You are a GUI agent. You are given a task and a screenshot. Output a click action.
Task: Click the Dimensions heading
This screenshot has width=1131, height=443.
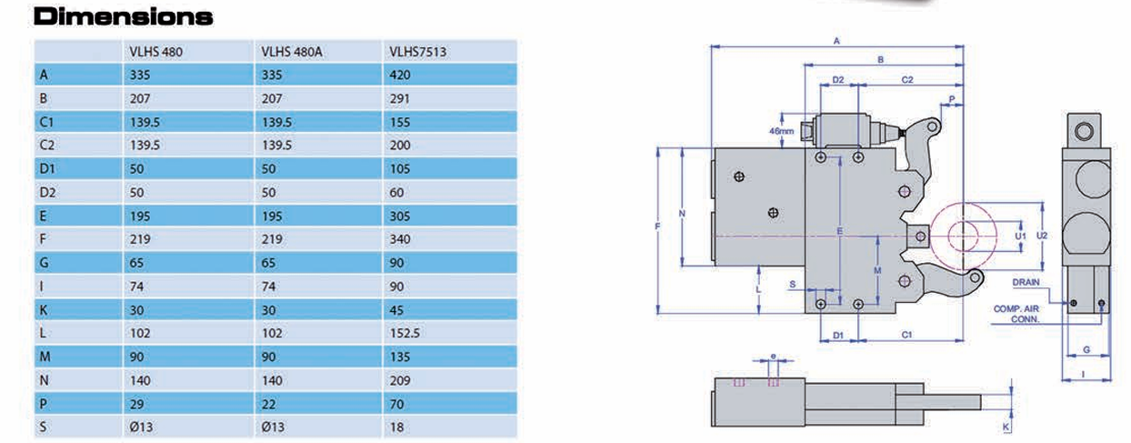(123, 16)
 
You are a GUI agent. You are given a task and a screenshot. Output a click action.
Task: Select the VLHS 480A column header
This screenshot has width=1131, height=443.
(292, 53)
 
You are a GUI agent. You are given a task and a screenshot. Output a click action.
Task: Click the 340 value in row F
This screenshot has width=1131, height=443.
(400, 239)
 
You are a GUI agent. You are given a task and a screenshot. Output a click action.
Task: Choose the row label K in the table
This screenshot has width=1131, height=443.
(44, 309)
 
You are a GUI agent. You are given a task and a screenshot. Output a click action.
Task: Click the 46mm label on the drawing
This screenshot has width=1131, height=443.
(782, 131)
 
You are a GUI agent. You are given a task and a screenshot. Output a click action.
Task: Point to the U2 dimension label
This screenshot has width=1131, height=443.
(1043, 234)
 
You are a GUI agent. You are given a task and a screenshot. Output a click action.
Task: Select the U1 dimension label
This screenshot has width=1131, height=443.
(1020, 235)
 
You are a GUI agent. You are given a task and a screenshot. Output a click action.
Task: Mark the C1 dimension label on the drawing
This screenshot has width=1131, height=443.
(906, 335)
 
